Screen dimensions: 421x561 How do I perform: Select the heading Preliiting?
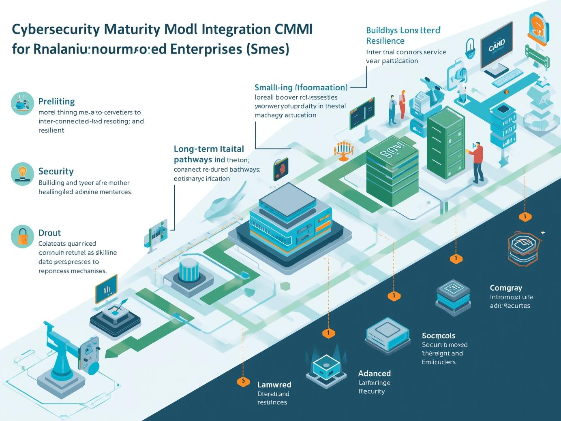[56, 101]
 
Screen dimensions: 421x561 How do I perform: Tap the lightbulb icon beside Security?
[22, 174]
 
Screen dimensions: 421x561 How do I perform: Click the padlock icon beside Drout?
[22, 236]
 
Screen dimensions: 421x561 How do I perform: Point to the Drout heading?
[49, 233]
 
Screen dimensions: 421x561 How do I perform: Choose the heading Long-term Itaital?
[209, 149]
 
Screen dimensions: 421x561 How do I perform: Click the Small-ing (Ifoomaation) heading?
[301, 87]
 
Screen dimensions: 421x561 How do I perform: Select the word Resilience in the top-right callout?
[385, 41]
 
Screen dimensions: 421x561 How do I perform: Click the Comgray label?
[505, 288]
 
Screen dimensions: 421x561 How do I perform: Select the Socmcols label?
[438, 336]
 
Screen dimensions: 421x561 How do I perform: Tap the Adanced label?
[374, 373]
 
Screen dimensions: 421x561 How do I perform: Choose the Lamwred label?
[274, 385]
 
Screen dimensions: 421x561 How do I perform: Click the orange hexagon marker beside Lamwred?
[243, 381]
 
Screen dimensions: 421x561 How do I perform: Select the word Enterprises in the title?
[206, 49]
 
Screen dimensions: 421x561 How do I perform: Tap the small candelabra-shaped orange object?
[343, 149]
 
